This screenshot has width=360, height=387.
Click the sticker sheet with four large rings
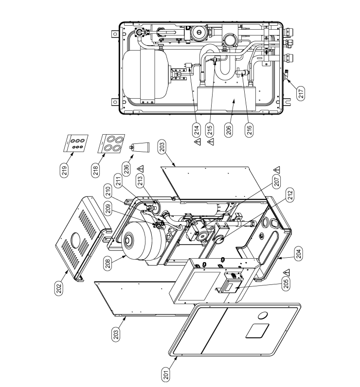pos(111,144)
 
